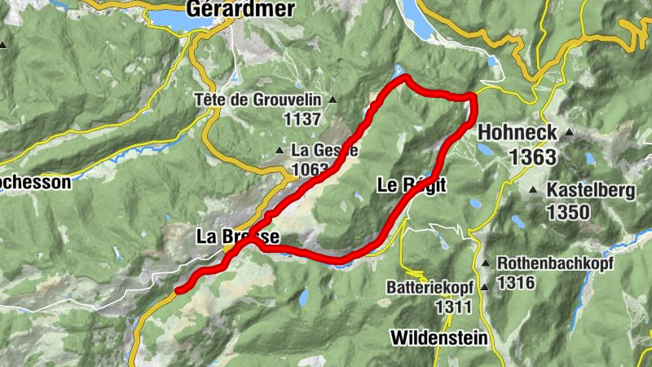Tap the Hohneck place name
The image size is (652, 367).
click(518, 132)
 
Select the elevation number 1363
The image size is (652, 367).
click(534, 157)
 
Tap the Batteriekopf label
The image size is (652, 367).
click(430, 288)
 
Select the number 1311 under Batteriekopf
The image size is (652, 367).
click(454, 307)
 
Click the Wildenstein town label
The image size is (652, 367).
click(439, 337)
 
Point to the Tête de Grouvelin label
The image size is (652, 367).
click(259, 100)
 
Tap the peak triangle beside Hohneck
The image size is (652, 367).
click(569, 132)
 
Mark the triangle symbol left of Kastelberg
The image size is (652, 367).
click(533, 191)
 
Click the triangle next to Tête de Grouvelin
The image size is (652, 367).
click(333, 100)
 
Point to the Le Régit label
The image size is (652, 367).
click(412, 185)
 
